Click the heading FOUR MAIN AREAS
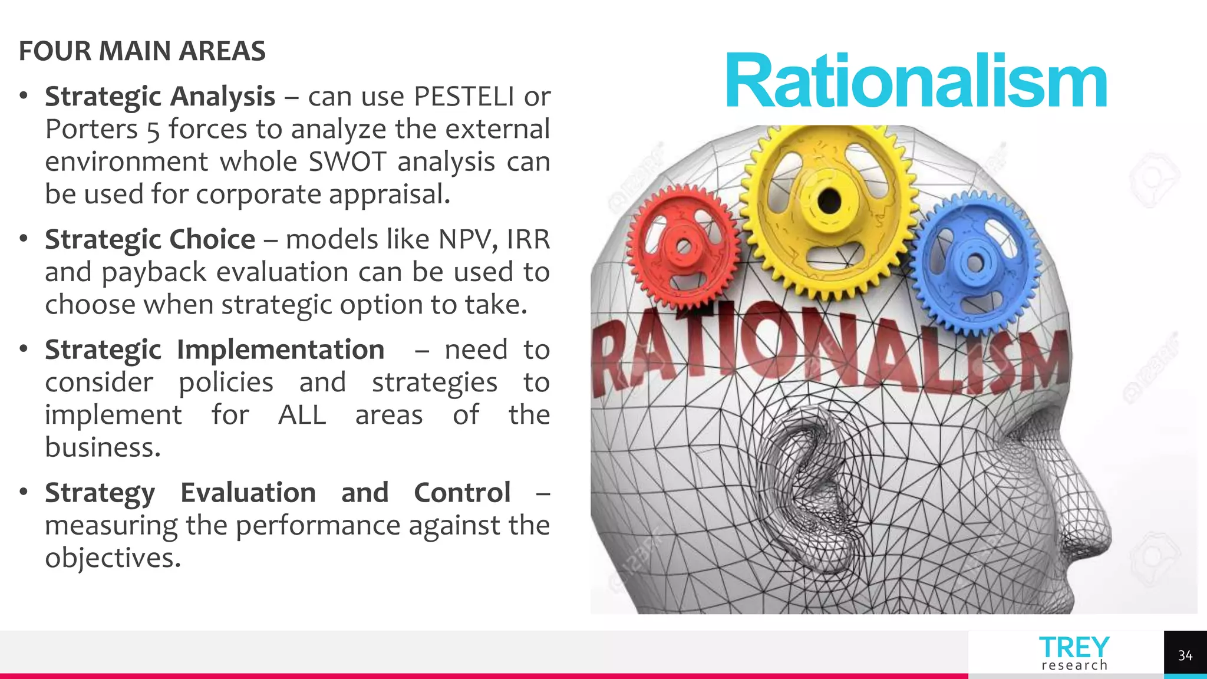pyautogui.click(x=142, y=51)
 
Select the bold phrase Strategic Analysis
pyautogui.click(x=160, y=96)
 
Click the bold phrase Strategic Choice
pyautogui.click(x=150, y=239)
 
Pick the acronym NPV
pyautogui.click(x=468, y=239)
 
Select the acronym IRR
pyautogui.click(x=528, y=239)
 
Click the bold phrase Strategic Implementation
pyautogui.click(x=215, y=350)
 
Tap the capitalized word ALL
pyautogui.click(x=302, y=414)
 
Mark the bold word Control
pyautogui.click(x=462, y=492)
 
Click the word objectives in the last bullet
pyautogui.click(x=112, y=558)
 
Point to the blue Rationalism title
pyautogui.click(x=916, y=81)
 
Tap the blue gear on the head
pyautogui.click(x=975, y=262)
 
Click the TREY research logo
pyautogui.click(x=1074, y=653)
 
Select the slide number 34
pyautogui.click(x=1185, y=655)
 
